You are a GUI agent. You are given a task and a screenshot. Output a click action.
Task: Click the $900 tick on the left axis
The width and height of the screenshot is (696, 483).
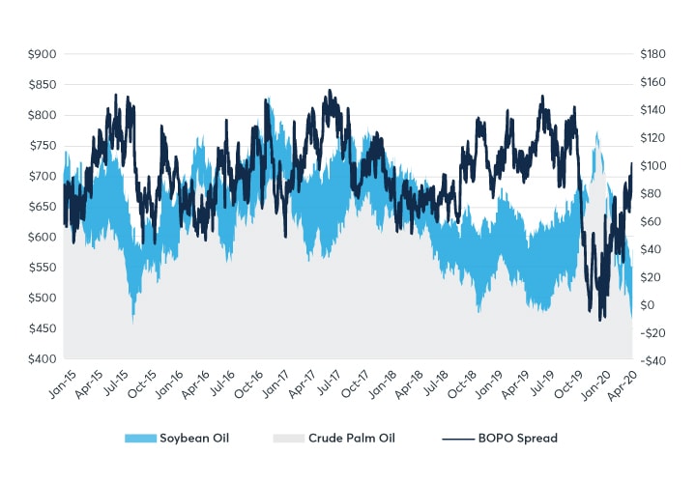click(x=42, y=54)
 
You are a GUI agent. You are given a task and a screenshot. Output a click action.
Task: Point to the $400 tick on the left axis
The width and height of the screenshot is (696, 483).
click(x=42, y=359)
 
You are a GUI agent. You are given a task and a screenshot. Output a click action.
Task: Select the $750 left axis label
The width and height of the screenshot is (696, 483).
click(x=42, y=146)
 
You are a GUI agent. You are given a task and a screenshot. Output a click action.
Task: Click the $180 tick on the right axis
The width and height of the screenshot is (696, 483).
click(x=652, y=54)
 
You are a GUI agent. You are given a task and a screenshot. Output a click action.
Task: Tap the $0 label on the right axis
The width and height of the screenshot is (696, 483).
click(x=649, y=305)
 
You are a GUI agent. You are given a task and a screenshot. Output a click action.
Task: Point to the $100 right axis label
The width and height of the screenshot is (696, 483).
click(x=652, y=165)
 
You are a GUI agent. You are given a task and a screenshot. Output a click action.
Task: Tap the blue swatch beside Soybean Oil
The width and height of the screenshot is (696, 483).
click(x=141, y=439)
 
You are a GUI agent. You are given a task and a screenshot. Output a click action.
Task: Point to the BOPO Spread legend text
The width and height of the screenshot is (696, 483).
click(x=517, y=439)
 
